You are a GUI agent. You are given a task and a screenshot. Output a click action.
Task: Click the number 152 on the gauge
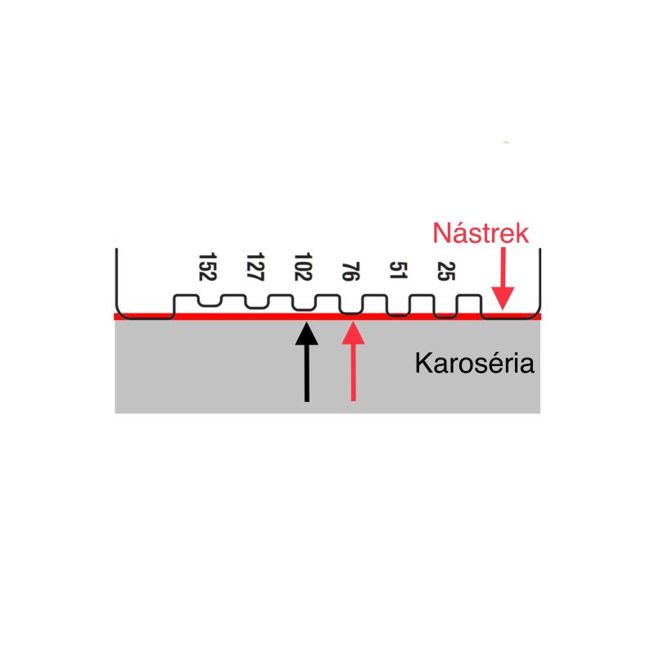(207, 267)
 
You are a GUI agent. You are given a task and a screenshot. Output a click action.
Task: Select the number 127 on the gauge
(255, 267)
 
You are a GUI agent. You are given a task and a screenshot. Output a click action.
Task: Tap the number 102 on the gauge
(303, 267)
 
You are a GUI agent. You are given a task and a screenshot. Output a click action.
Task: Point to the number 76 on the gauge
(351, 272)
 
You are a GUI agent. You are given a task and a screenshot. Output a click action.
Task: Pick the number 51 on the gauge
(399, 270)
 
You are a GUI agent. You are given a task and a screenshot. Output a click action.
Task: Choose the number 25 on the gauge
(446, 271)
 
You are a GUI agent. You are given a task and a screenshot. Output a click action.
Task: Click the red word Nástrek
(481, 233)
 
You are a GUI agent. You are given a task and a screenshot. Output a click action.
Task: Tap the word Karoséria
(475, 363)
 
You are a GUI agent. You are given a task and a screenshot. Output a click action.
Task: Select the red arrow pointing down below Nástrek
(503, 278)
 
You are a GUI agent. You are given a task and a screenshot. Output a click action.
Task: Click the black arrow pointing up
(306, 362)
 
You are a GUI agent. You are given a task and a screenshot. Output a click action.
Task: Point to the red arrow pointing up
(354, 362)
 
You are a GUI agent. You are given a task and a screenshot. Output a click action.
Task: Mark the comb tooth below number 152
(210, 301)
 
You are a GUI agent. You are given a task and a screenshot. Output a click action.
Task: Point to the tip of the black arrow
(306, 322)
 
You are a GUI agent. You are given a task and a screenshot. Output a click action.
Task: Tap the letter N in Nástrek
(441, 233)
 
